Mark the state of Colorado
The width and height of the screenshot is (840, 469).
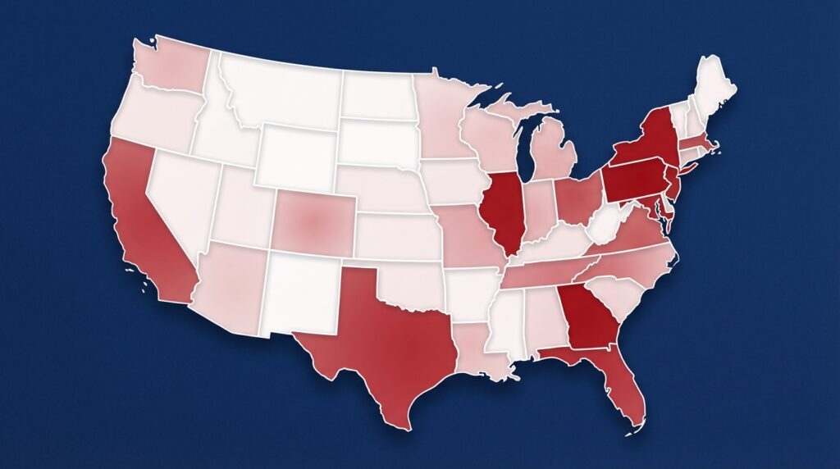(313, 220)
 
